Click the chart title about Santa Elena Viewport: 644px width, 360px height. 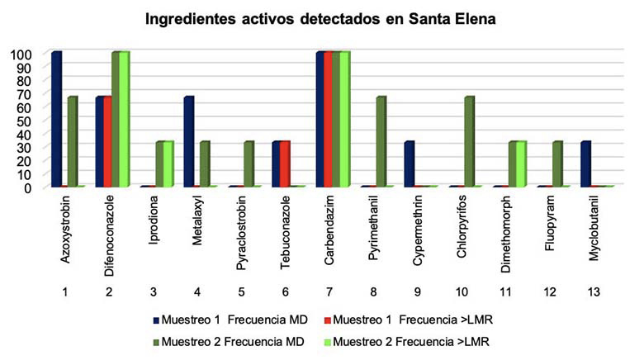[x=321, y=18]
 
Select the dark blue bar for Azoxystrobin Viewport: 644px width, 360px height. [x=56, y=120]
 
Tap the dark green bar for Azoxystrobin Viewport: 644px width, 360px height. [x=72, y=142]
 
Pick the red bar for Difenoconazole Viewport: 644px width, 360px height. [x=107, y=142]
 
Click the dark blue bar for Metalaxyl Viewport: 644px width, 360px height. [x=188, y=142]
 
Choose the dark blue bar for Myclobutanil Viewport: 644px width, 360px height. [x=586, y=164]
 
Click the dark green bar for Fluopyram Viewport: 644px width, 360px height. [x=557, y=164]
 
